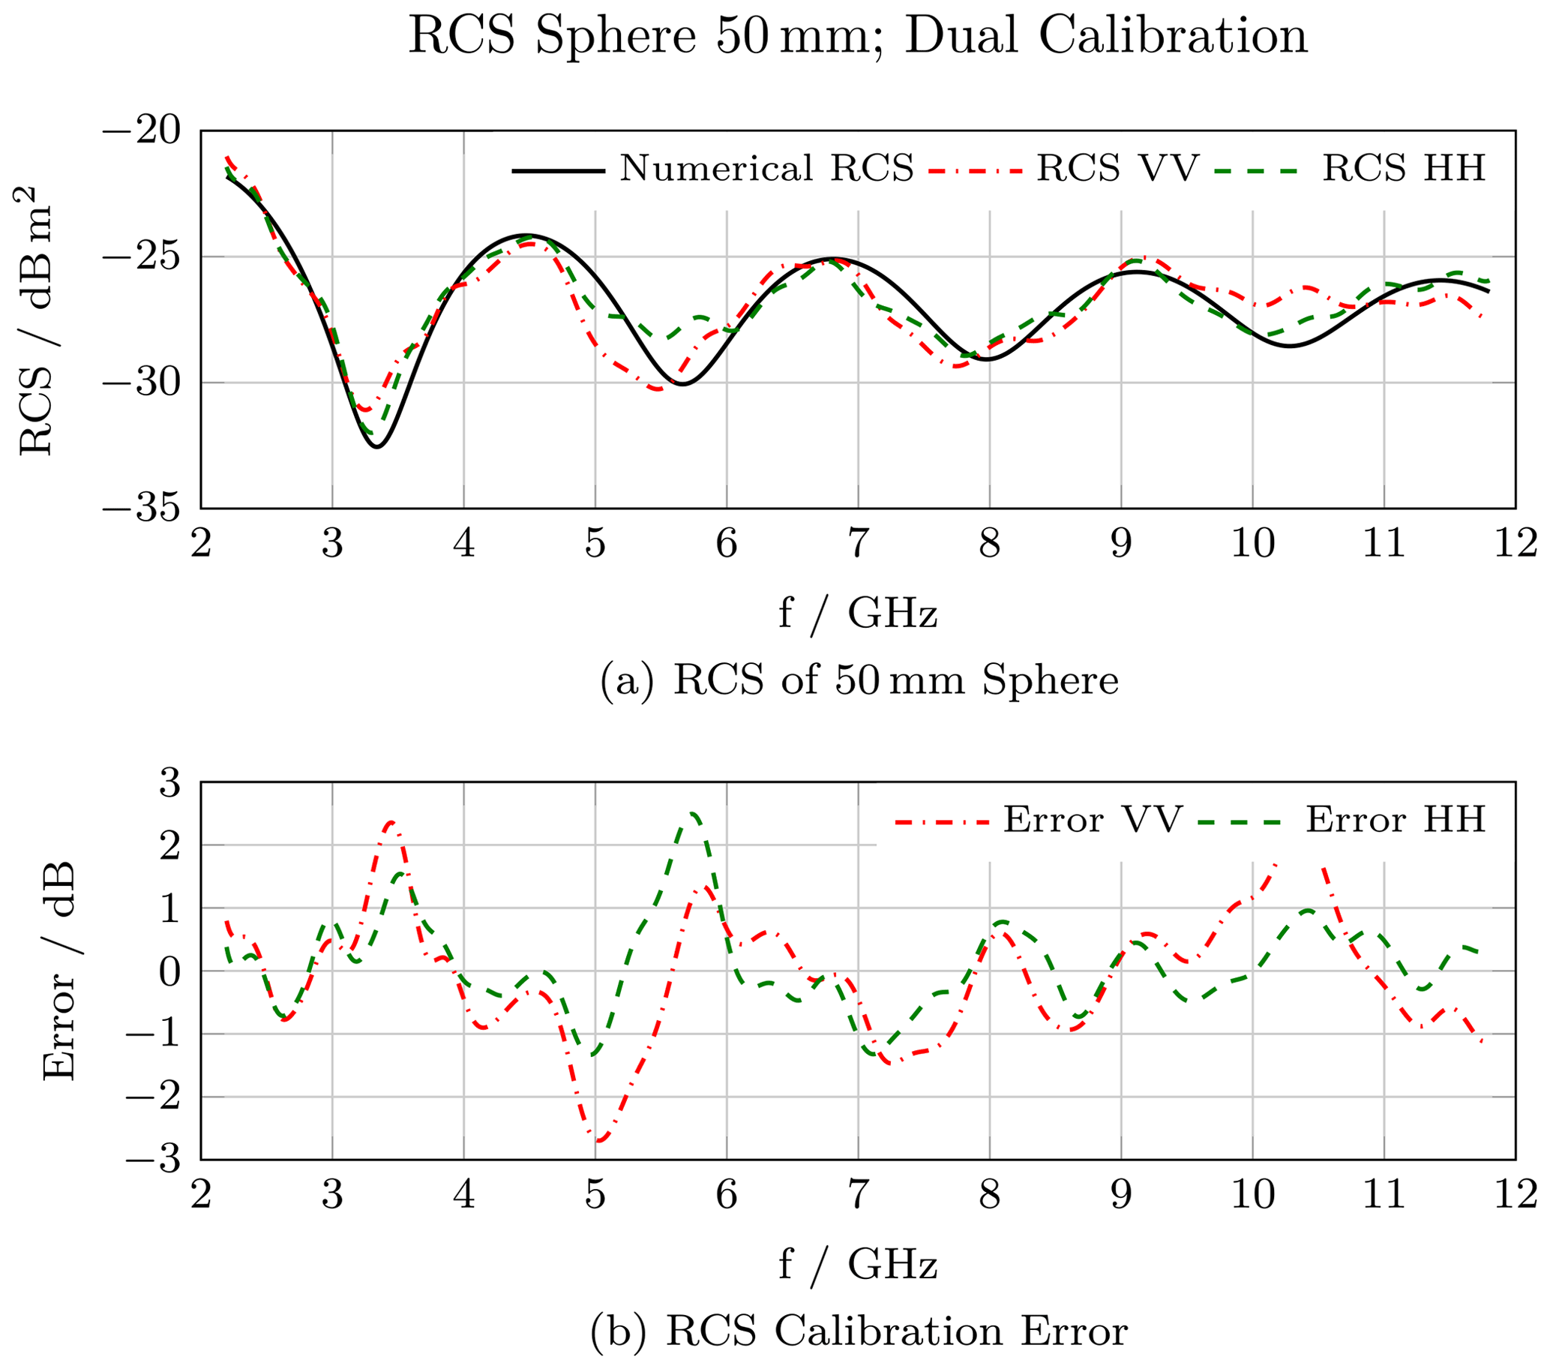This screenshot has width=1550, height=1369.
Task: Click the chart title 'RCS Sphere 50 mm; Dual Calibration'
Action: tap(858, 36)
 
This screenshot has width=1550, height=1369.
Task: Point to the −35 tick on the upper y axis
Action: tap(142, 508)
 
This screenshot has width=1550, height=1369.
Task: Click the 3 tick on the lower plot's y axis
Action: tap(170, 782)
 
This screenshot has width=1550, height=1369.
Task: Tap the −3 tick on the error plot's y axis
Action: tap(154, 1160)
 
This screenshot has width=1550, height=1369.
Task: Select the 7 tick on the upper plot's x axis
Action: tap(858, 543)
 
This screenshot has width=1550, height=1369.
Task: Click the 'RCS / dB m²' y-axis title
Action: tap(36, 320)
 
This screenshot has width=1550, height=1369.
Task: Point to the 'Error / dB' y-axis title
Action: tap(59, 971)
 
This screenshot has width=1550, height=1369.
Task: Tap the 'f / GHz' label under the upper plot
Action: tap(858, 614)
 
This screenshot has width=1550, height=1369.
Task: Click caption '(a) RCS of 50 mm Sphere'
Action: tap(858, 680)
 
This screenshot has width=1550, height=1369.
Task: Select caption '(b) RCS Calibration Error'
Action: tap(858, 1331)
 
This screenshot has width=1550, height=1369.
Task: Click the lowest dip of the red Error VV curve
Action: tap(599, 1140)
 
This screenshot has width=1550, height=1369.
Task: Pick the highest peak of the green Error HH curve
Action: tap(692, 814)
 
